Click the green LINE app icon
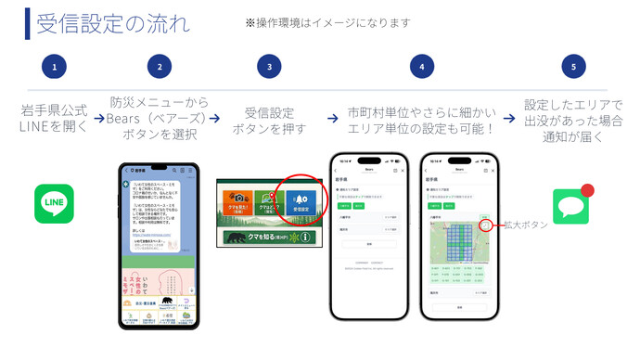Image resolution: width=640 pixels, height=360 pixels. (x=54, y=204)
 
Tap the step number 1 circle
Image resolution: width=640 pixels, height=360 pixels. (x=55, y=67)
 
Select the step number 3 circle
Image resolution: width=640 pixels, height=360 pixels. (x=269, y=67)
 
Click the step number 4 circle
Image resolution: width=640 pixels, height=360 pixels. (x=421, y=67)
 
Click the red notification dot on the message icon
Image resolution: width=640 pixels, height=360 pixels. (x=586, y=191)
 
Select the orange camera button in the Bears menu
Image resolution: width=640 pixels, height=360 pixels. (x=239, y=202)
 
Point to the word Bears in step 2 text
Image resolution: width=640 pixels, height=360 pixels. (x=130, y=118)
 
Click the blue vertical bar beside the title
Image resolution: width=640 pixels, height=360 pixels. (x=29, y=22)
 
